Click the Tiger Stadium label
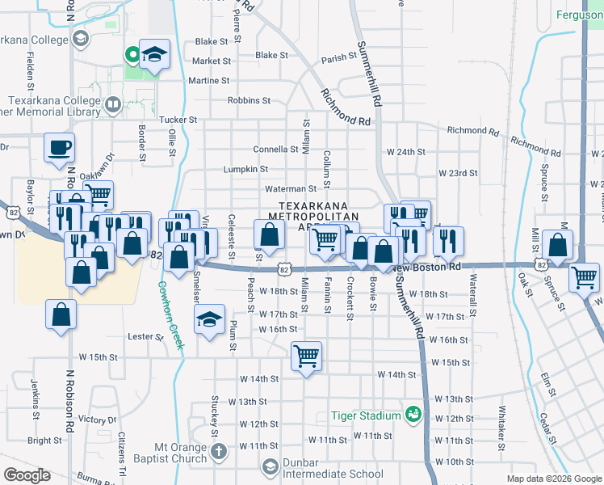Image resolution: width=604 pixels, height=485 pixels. click(x=365, y=415)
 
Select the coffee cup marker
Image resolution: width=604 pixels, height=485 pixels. click(x=60, y=148)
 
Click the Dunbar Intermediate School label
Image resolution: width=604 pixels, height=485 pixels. click(x=332, y=474)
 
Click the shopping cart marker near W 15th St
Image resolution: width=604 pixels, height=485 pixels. click(x=307, y=355)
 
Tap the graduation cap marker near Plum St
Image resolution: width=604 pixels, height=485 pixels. click(x=210, y=319)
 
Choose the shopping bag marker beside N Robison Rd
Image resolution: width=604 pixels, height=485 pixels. click(x=61, y=315)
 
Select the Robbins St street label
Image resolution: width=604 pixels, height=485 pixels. click(x=249, y=101)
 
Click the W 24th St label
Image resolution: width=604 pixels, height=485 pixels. click(x=405, y=152)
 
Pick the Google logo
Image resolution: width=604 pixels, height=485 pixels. click(x=27, y=475)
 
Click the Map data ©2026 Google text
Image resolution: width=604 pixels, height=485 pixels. click(x=554, y=479)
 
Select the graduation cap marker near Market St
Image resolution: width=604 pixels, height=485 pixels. click(x=154, y=54)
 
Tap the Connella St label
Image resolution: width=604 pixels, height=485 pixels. click(x=276, y=150)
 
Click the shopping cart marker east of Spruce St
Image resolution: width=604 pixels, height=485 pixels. click(x=585, y=277)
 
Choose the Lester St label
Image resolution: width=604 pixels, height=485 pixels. click(x=146, y=335)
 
